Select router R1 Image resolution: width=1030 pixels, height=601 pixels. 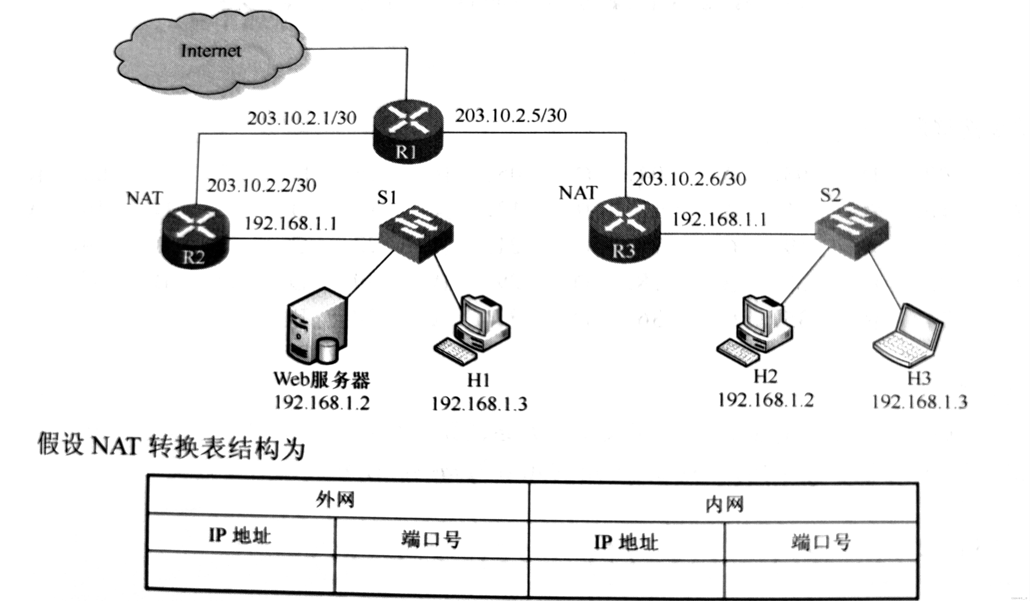point(408,131)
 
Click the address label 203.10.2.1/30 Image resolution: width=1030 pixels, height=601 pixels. point(302,118)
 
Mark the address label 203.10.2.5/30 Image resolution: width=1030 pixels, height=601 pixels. point(511,116)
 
